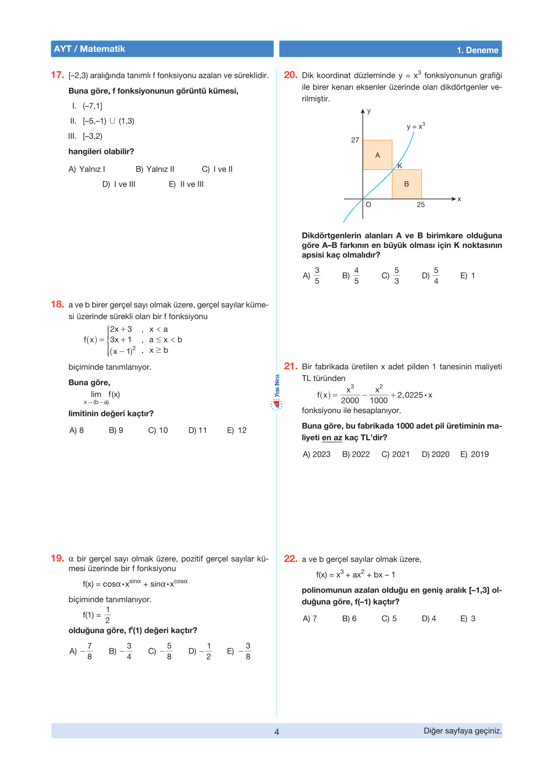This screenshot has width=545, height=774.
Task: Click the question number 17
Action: click(x=57, y=75)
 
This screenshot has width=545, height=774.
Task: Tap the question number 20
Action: click(x=290, y=75)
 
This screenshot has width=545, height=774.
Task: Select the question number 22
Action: click(x=290, y=559)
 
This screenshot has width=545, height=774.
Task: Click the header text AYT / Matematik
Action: click(x=89, y=49)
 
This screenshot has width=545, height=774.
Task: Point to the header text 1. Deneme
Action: click(x=477, y=50)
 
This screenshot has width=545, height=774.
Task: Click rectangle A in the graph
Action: click(x=377, y=155)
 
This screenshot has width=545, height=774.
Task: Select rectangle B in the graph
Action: click(x=406, y=184)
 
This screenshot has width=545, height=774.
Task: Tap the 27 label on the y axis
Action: click(x=355, y=140)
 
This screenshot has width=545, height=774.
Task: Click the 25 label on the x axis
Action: click(x=421, y=205)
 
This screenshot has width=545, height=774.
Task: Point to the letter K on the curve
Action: click(x=400, y=166)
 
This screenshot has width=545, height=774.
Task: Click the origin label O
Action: click(x=368, y=205)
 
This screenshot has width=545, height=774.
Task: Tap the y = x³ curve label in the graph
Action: click(x=416, y=126)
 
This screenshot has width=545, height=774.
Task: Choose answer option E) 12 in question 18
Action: click(x=237, y=430)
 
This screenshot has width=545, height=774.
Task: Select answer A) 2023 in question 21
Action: click(x=316, y=454)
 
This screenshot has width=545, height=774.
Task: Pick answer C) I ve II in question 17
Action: click(x=217, y=169)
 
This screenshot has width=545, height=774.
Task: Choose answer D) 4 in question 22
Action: click(x=429, y=619)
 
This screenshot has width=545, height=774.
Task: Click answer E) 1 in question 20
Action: click(x=468, y=276)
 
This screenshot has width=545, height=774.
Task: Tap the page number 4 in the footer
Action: click(x=277, y=732)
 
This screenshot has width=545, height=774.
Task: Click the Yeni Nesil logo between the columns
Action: click(x=277, y=393)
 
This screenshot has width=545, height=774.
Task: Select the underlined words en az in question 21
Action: click(x=332, y=438)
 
